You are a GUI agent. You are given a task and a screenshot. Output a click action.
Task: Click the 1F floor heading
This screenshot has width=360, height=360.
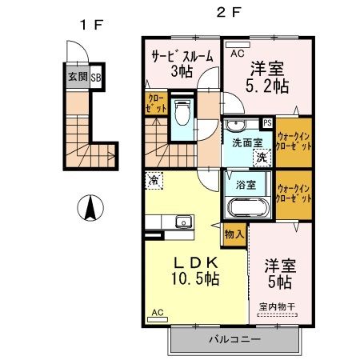pos(92,24)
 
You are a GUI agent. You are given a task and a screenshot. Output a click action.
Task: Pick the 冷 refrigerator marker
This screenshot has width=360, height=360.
pos(154,180)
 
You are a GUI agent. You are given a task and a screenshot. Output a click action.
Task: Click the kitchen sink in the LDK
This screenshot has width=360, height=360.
pos(182,220)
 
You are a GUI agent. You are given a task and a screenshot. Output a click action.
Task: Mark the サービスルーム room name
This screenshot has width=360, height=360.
pos(181,57)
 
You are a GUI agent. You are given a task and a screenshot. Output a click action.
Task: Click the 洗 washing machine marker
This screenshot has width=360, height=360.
pos(261,157)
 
